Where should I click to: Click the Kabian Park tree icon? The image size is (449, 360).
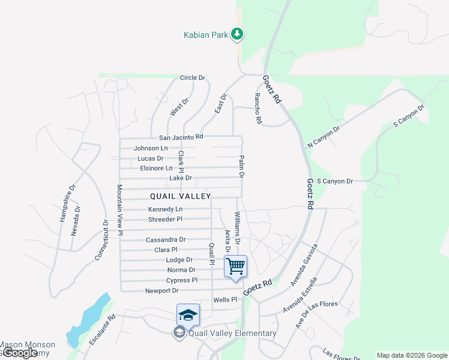point(238,34)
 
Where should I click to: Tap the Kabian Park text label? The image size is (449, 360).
point(206,35)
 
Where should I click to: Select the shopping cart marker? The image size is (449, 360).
point(235,266)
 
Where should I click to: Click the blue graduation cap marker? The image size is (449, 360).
point(188,314)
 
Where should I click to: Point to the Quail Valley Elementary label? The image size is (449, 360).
point(232,334)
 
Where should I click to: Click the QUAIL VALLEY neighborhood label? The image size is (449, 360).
point(180,196)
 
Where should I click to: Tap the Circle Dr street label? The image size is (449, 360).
point(193,78)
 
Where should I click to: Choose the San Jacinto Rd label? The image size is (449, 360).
point(177,137)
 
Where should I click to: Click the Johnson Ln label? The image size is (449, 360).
point(151,148)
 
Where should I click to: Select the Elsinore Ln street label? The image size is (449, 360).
point(156,169)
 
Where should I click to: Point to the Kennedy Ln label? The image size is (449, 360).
point(166,209)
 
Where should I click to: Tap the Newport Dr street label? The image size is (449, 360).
point(162,291)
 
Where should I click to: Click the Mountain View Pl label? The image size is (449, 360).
point(120,209)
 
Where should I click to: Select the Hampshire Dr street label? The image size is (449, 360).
point(67,203)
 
